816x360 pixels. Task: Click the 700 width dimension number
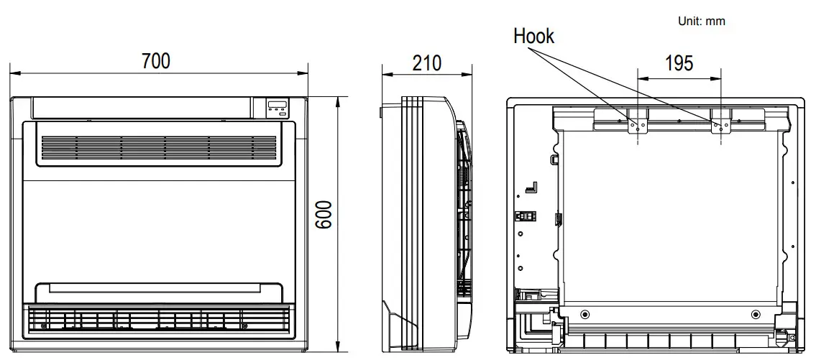156,62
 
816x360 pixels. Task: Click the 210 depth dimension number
426,63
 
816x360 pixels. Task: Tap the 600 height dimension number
324,216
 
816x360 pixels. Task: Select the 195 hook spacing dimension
679,64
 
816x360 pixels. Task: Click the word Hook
533,37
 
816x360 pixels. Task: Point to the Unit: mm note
701,22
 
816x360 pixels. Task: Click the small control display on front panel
277,108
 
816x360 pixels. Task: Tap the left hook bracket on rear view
636,124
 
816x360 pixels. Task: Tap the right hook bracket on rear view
720,124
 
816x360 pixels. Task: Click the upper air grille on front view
159,147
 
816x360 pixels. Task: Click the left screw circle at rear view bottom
584,315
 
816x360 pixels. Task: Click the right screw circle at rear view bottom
755,315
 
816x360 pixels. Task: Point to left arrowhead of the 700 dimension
12,73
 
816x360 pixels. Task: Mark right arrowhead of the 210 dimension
471,73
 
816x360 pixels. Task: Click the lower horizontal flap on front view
157,290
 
